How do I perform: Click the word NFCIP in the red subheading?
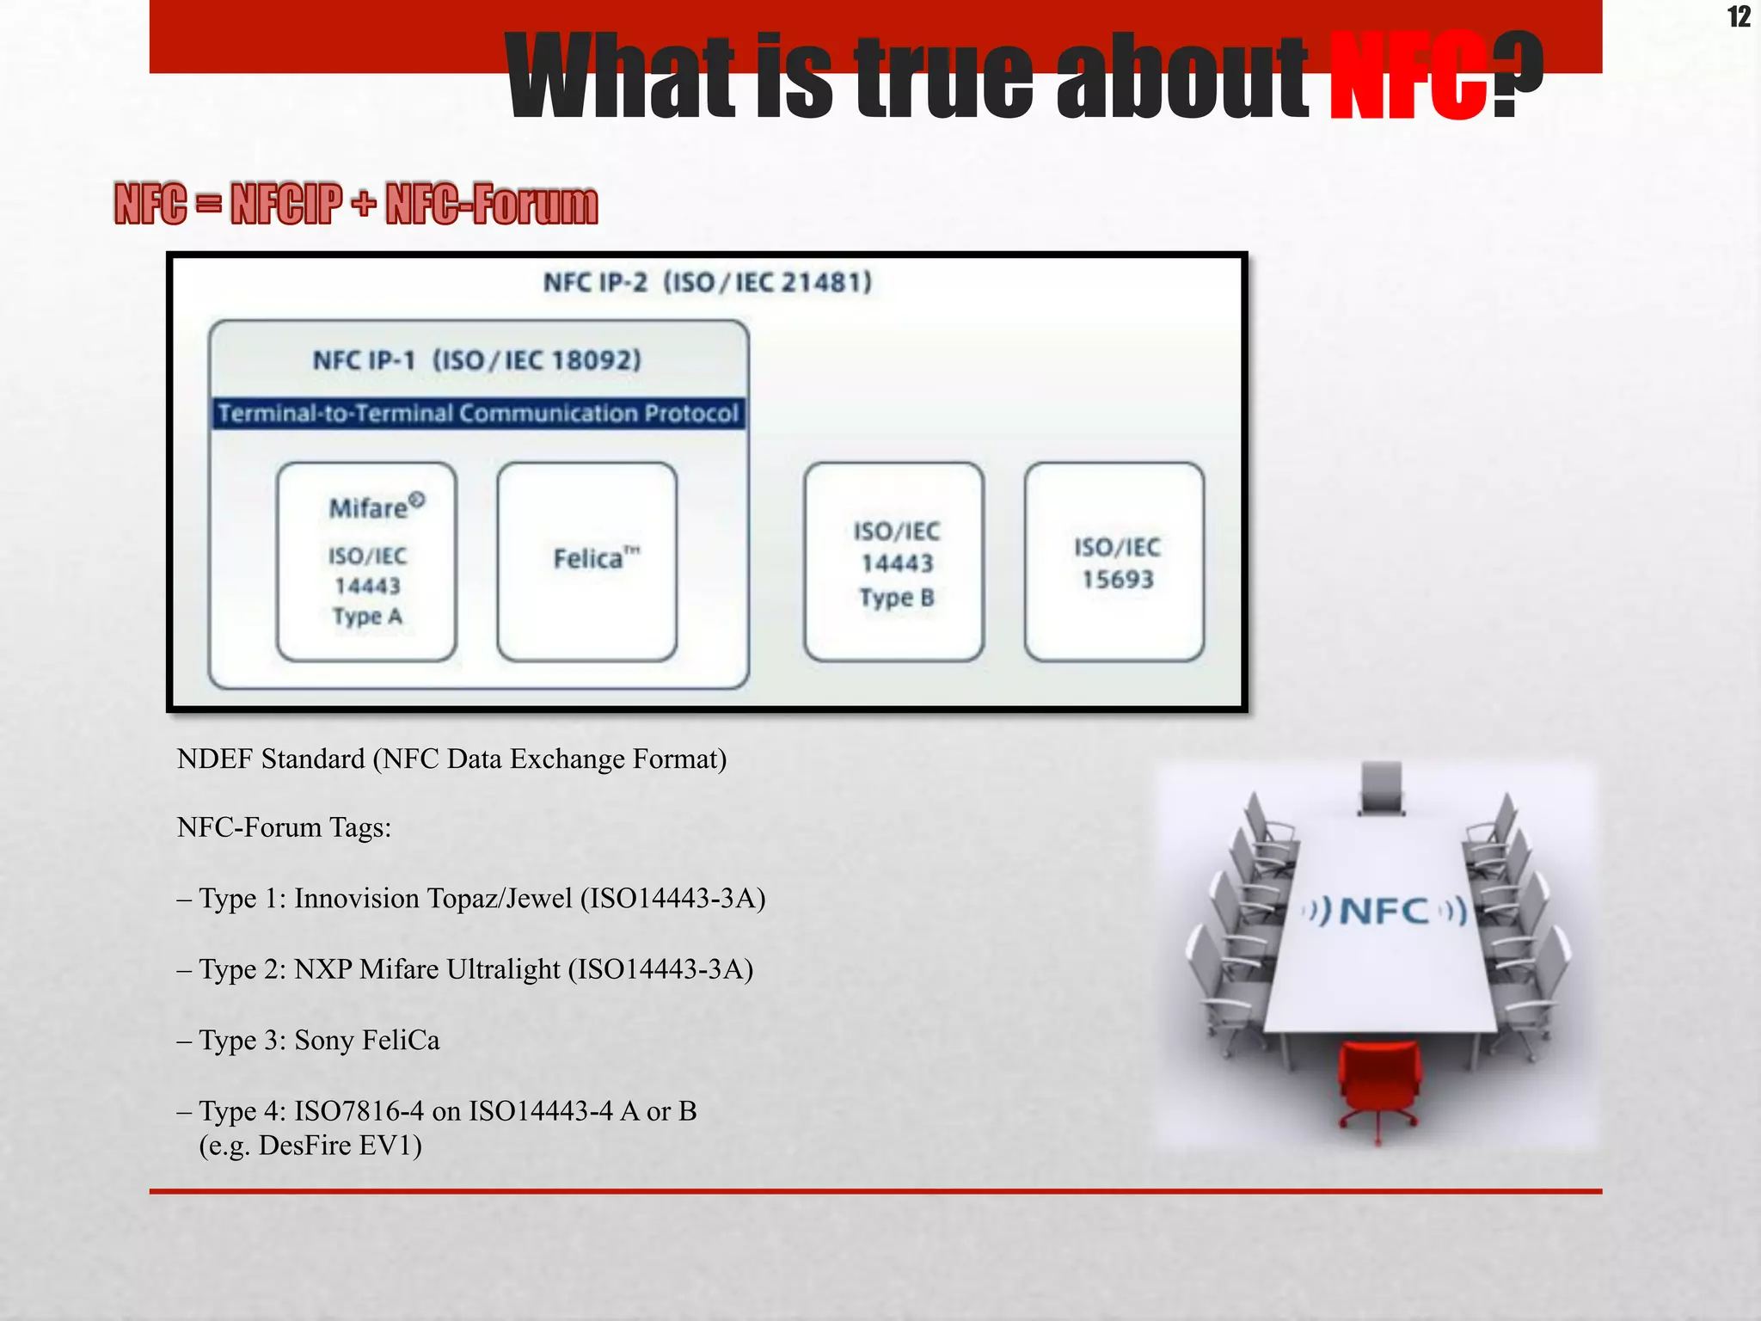[x=285, y=205]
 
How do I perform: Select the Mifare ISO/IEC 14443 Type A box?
[x=367, y=562]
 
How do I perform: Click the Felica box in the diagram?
[x=587, y=562]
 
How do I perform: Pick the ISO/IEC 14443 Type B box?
[x=894, y=562]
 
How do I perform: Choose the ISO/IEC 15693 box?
[x=1114, y=562]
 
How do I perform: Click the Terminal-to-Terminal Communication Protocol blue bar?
[x=478, y=414]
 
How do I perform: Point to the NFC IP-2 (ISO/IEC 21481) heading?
[x=708, y=282]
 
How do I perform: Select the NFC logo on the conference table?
[x=1384, y=911]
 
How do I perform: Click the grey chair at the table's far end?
[x=1382, y=787]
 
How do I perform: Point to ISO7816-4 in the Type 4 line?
[x=359, y=1111]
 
